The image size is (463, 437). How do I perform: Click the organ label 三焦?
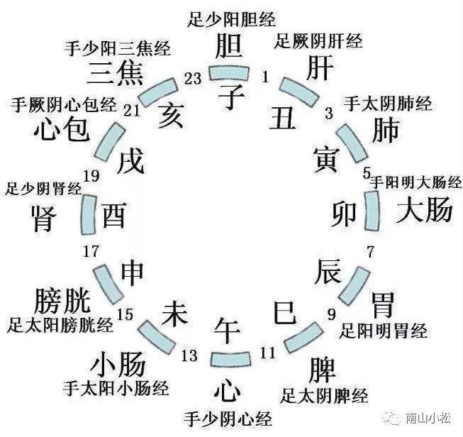pos(117,73)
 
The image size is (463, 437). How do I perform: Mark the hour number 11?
pos(267,352)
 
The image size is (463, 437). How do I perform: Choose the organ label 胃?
pos(389,306)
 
